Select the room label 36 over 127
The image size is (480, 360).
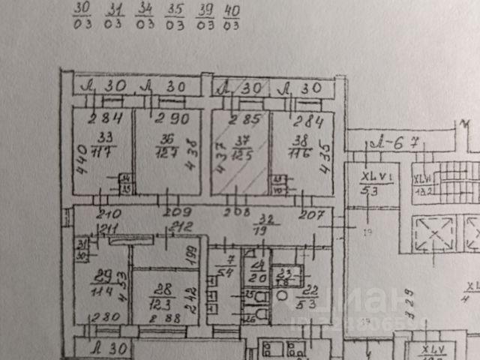(x=167, y=136)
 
